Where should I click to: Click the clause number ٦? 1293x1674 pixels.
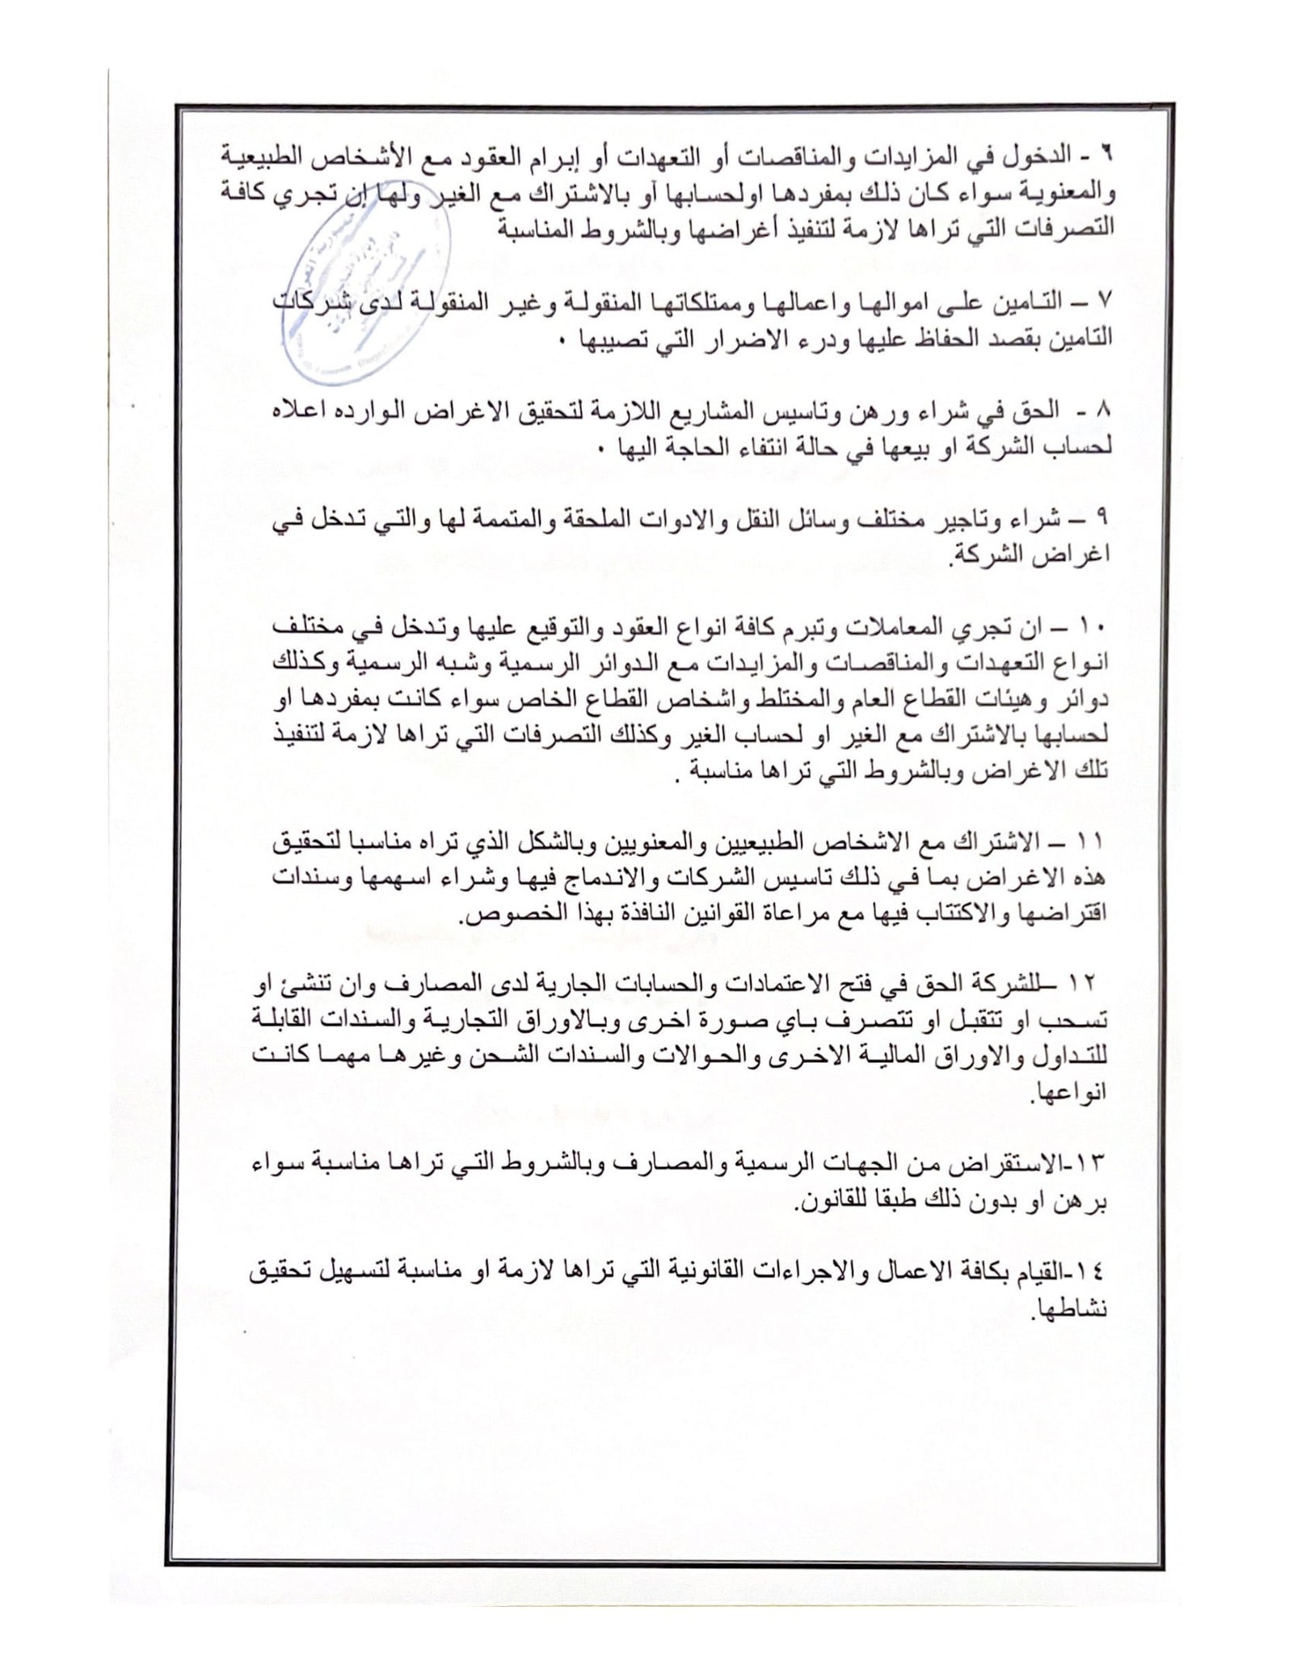point(1106,154)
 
